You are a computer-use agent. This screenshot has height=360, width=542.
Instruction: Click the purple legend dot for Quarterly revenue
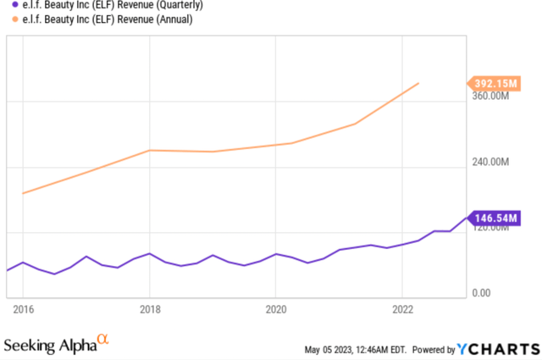6,4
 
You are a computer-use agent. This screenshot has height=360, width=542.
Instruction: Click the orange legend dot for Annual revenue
6,19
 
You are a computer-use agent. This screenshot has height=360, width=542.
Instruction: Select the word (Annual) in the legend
172,19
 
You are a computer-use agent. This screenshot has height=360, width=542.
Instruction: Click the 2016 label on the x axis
23,310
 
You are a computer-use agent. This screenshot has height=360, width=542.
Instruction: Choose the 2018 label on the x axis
149,310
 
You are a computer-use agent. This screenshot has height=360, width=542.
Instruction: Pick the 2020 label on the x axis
275,310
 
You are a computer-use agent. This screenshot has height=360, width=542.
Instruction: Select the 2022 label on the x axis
401,310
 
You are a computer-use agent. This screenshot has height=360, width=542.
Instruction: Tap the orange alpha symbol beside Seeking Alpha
102,341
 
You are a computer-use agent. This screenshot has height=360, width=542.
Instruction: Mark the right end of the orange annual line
418,83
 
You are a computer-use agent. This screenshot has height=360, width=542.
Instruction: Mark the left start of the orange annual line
23,193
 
